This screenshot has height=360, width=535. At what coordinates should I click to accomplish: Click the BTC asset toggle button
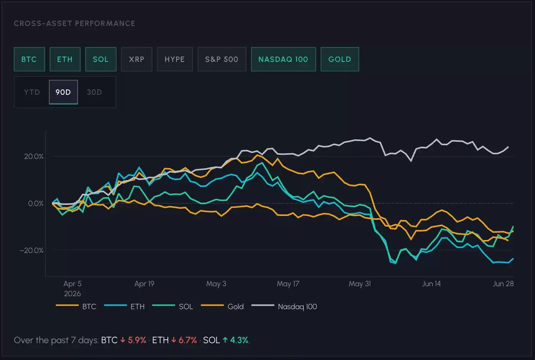click(29, 59)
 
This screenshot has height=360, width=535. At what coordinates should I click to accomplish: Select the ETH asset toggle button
click(65, 59)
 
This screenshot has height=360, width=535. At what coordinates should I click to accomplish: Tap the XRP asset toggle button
click(137, 59)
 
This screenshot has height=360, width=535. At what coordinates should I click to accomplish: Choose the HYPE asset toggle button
click(175, 59)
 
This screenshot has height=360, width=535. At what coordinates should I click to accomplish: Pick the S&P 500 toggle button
click(222, 59)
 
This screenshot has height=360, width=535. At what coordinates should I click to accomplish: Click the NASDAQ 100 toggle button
click(283, 59)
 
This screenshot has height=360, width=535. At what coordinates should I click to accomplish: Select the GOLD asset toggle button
click(340, 59)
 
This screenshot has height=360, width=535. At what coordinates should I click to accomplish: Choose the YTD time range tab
click(32, 92)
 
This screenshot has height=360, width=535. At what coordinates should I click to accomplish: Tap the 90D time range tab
click(63, 92)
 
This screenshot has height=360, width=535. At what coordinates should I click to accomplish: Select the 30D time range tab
click(95, 92)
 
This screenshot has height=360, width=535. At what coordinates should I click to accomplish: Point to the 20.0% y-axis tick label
click(34, 156)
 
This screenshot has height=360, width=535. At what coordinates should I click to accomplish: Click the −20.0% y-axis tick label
click(32, 250)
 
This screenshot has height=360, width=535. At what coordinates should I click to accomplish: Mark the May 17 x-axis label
click(288, 284)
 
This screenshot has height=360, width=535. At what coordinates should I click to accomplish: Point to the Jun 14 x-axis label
click(431, 284)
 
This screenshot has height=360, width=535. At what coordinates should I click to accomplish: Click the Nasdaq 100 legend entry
click(284, 306)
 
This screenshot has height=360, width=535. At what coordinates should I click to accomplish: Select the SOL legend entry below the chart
click(173, 306)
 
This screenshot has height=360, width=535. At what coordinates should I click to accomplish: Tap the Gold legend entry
click(222, 306)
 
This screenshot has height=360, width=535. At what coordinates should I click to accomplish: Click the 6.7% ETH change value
click(188, 340)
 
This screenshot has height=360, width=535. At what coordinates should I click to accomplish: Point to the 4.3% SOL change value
click(239, 340)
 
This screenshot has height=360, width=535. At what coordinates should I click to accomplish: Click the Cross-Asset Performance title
click(75, 23)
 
